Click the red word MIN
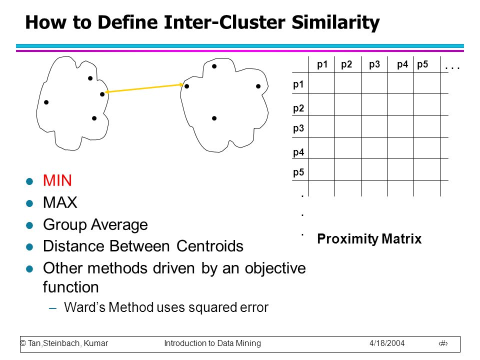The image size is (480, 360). point(57,180)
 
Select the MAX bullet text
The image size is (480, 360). point(60,202)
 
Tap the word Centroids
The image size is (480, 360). point(209,246)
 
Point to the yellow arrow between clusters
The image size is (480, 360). point(144,88)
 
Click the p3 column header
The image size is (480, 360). point(374,64)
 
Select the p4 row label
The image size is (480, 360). point(298,152)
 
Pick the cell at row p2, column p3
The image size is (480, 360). point(374,104)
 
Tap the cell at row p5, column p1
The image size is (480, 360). point(321,169)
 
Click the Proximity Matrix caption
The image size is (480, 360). point(369,239)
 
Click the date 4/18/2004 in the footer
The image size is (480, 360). point(387,343)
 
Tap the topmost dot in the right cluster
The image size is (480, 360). point(214,66)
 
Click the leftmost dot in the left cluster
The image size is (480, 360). point(46,102)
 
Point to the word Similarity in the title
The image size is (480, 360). point(335,22)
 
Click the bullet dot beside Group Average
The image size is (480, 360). point(29,225)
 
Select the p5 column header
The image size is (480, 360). point(422,64)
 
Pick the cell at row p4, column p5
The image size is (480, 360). point(426,148)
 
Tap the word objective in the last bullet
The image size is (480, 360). point(275,268)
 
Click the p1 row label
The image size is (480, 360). point(298,84)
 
